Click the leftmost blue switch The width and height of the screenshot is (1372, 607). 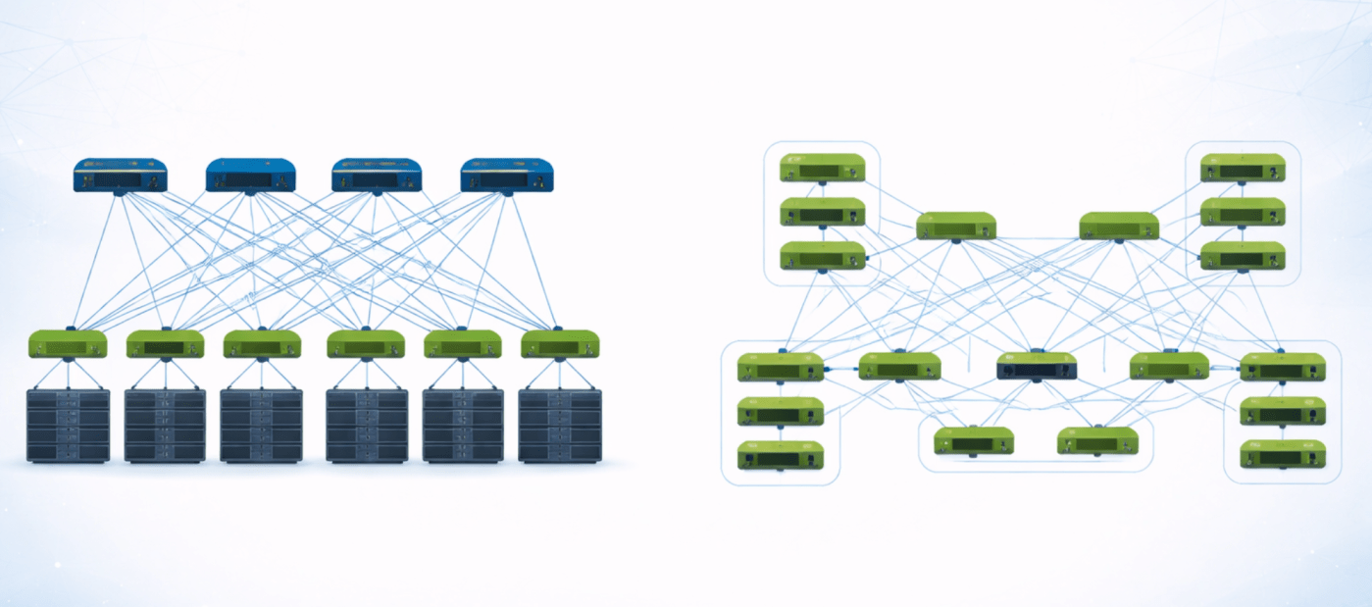pos(120,176)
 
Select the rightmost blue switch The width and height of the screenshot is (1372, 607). pos(506,176)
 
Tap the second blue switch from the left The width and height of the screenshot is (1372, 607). pos(250,176)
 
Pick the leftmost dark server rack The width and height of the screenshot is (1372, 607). pos(68,426)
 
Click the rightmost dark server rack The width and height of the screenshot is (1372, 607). pos(560,426)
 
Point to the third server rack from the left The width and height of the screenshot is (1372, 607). pos(261,426)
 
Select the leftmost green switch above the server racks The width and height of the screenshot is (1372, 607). pos(68,344)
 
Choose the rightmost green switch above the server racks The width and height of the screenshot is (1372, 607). pos(560,344)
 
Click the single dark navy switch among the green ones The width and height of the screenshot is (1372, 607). pos(1037,367)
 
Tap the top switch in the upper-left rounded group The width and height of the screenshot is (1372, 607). pos(823,169)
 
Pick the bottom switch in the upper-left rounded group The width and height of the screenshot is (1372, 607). pos(823,256)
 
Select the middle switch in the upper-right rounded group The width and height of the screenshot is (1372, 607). pos(1243,212)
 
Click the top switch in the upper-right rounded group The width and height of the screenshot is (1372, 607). pos(1243,169)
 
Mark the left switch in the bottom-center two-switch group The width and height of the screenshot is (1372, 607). pos(974,441)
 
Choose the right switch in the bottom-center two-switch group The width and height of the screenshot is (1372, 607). pos(1098,441)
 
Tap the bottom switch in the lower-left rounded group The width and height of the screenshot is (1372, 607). pos(781,455)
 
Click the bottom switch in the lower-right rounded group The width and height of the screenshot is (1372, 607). pos(1283,454)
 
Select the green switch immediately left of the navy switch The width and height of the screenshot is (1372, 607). pos(899,367)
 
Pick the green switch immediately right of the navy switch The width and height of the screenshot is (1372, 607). pos(1169,366)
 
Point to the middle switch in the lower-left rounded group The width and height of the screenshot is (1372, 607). pos(781,412)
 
